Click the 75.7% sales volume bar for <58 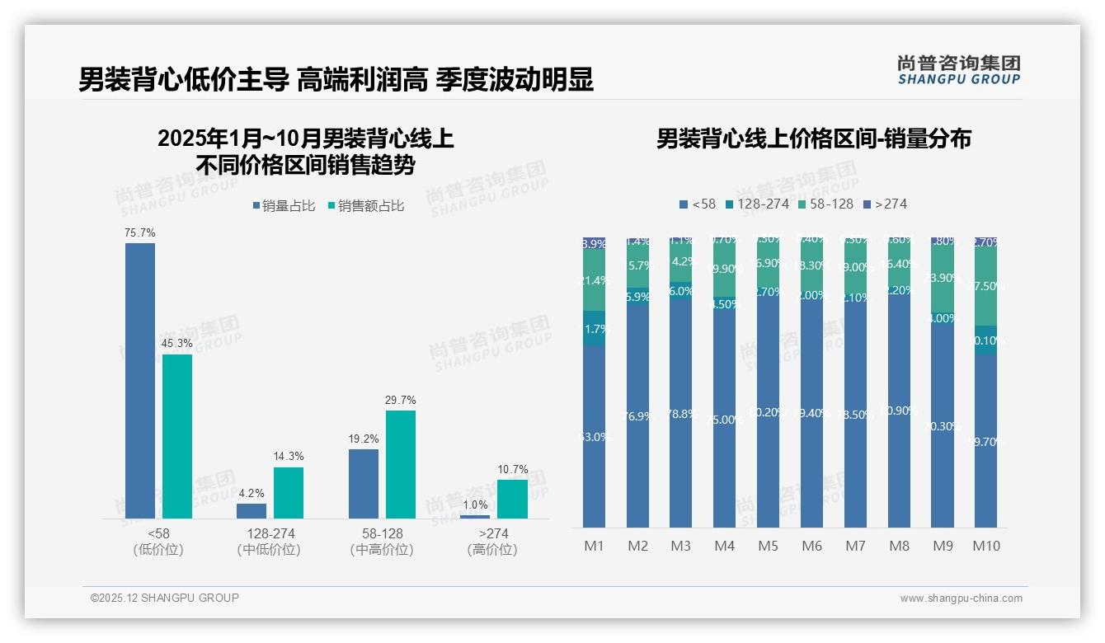[140, 380]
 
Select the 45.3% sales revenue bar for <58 [177, 436]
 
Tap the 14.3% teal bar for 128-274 [289, 493]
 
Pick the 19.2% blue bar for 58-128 [364, 484]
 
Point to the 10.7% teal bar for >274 [512, 500]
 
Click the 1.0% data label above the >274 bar [475, 505]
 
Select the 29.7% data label [400, 400]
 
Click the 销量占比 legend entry [283, 206]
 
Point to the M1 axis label [594, 546]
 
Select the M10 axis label [985, 546]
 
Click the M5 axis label [768, 546]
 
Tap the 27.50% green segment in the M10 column [985, 287]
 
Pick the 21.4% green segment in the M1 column [594, 281]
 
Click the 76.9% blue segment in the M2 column [637, 416]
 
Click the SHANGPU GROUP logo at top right [958, 70]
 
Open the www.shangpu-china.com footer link [961, 598]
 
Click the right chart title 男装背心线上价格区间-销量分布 [813, 138]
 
